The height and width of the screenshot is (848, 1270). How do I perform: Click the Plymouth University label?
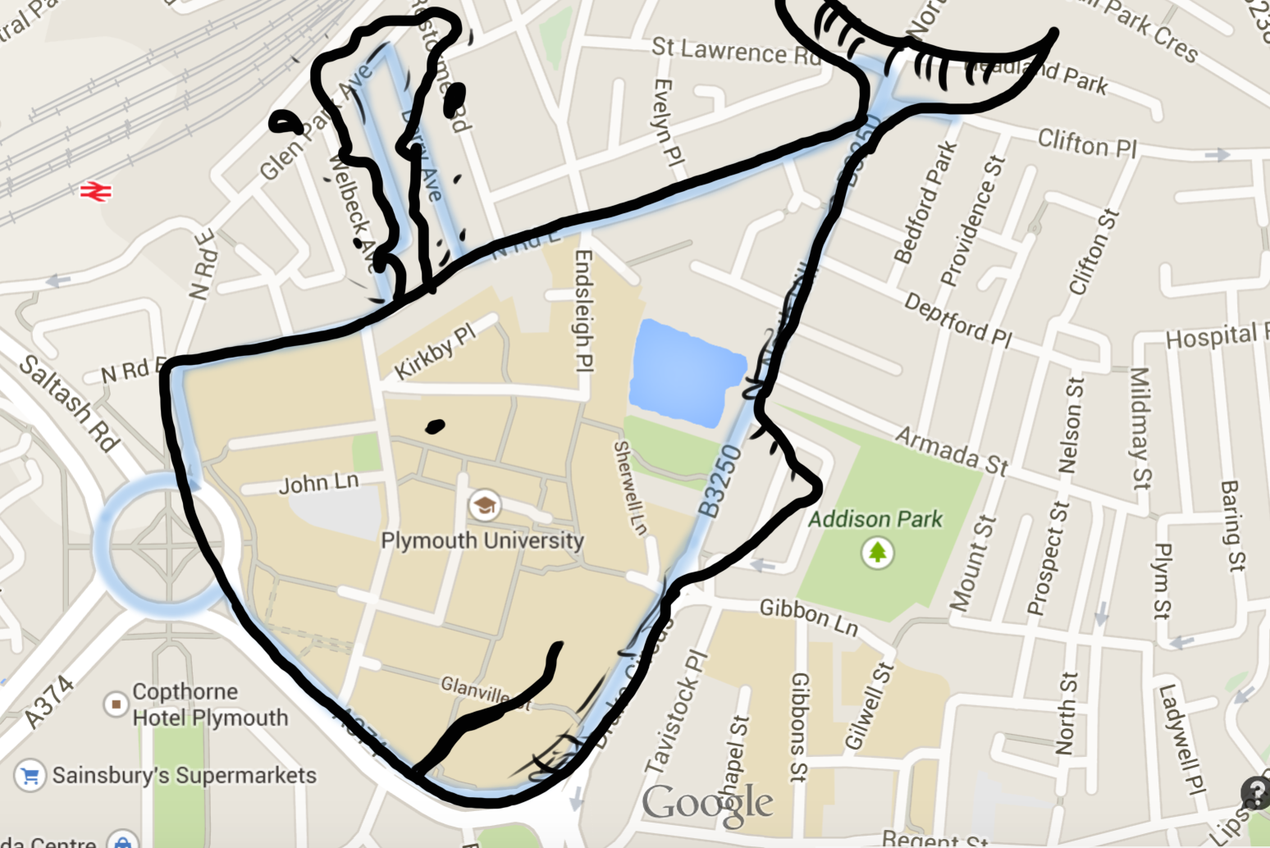point(482,540)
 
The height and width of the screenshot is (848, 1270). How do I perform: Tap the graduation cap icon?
point(484,505)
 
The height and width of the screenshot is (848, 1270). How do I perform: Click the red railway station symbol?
point(95,192)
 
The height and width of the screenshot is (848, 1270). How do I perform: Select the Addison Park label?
point(875,519)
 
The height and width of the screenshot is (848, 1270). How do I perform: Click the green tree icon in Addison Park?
point(877,552)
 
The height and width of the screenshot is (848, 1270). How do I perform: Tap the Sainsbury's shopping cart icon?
point(30,776)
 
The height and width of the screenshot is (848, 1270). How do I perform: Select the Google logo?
point(707,804)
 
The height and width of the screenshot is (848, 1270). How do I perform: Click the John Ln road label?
point(318,483)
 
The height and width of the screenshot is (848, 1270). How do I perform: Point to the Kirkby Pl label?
point(434,352)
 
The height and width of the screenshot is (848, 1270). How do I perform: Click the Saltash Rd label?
point(69,403)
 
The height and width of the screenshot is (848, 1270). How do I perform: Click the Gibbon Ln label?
point(808,618)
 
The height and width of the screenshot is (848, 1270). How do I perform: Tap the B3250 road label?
point(720,481)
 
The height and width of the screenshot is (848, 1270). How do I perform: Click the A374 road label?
point(49,703)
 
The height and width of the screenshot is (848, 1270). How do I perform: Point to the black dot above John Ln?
point(435,426)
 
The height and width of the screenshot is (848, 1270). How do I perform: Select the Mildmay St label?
point(1141,427)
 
